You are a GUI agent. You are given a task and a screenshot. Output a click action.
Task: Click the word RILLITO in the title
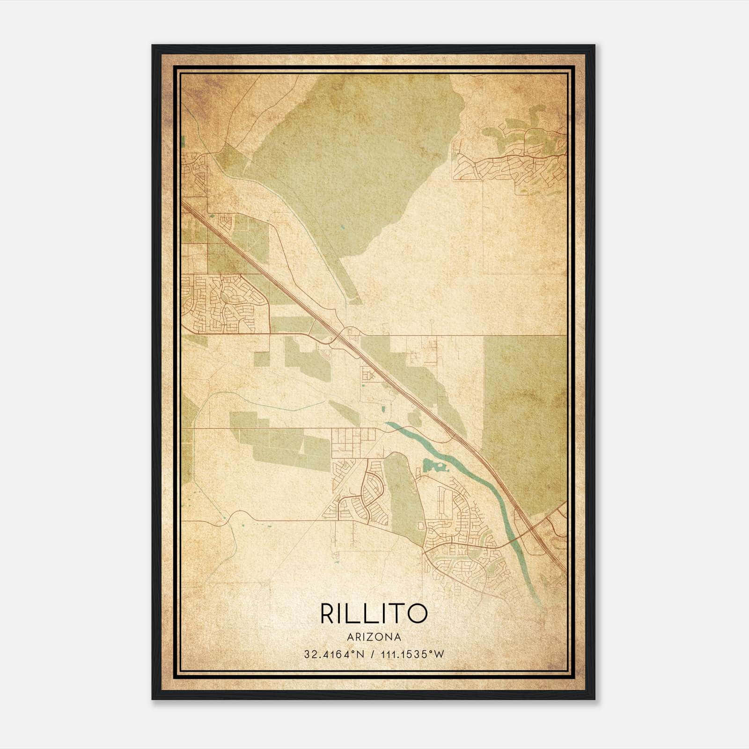[374, 613]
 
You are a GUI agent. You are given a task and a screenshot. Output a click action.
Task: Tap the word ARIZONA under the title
[374, 637]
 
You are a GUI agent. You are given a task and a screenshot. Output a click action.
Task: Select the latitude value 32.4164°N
[334, 654]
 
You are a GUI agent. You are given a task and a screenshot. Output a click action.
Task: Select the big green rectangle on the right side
[524, 412]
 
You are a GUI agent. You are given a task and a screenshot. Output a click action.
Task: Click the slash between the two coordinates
[373, 654]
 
